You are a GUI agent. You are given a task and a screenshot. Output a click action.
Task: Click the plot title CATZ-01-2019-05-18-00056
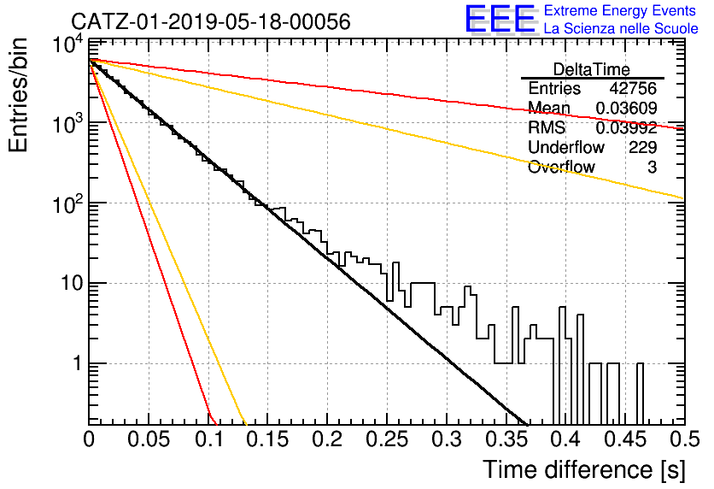(211, 21)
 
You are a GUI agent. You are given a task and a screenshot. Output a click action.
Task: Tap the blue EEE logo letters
(500, 19)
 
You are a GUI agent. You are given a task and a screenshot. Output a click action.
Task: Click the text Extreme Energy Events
(620, 10)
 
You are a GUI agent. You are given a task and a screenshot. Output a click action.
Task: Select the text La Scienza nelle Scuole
(621, 29)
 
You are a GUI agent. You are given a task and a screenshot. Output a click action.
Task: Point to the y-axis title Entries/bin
(18, 95)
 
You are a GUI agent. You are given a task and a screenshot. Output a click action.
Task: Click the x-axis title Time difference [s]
(584, 470)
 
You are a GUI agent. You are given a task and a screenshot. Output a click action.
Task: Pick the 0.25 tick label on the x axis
(387, 439)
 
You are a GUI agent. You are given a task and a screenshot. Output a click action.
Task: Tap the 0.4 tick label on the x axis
(566, 439)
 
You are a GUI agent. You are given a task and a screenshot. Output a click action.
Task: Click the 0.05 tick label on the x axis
(149, 439)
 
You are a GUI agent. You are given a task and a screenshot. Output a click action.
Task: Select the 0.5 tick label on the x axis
(685, 439)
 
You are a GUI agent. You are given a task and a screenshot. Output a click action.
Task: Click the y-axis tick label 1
(77, 363)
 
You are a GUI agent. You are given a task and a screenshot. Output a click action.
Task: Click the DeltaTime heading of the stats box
(592, 70)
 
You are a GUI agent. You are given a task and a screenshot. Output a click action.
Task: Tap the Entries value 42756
(633, 88)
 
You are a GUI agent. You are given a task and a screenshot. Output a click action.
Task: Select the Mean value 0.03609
(627, 108)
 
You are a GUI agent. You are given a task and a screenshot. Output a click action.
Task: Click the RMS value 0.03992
(627, 128)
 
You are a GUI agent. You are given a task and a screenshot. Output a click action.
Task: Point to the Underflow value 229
(643, 147)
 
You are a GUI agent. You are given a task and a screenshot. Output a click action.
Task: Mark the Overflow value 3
(653, 168)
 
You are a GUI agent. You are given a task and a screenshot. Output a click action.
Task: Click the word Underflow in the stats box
(566, 147)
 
